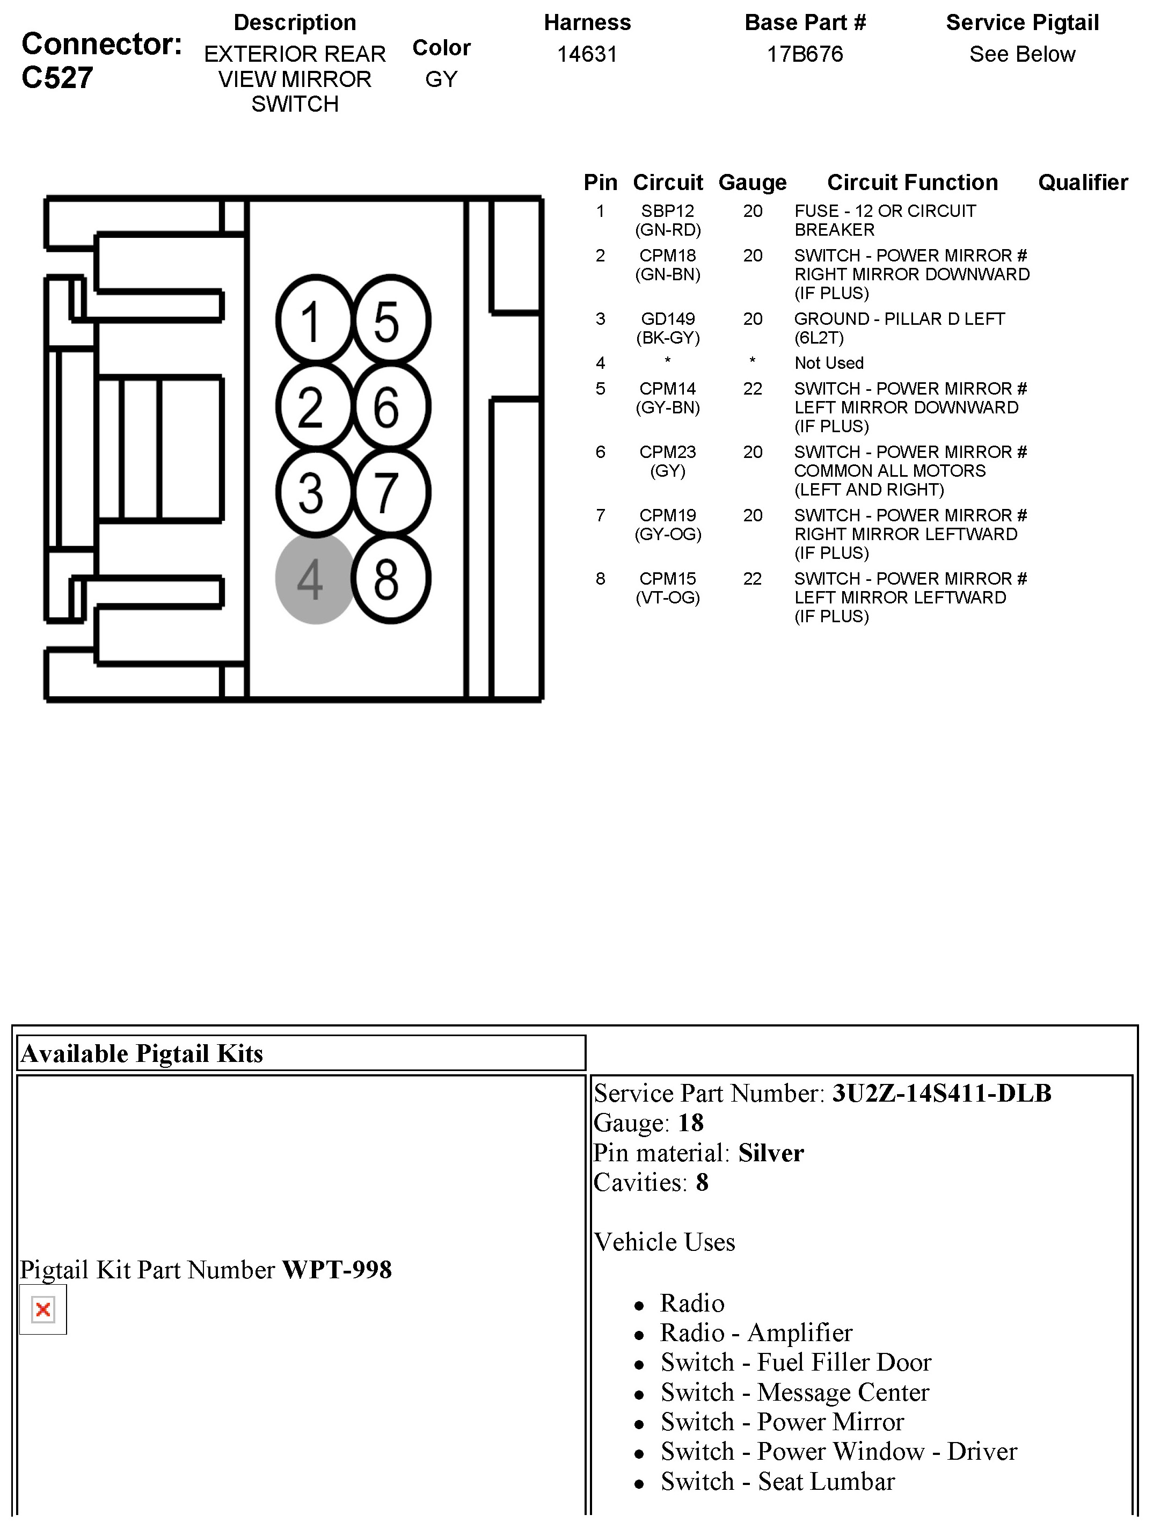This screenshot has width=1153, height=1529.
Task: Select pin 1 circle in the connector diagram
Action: click(315, 320)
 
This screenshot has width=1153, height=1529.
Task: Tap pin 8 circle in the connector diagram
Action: click(391, 579)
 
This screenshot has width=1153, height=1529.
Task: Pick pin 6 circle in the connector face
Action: click(391, 406)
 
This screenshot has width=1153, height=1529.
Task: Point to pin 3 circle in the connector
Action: click(315, 493)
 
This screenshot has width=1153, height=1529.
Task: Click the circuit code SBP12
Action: click(667, 211)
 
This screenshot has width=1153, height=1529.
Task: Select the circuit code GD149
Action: click(667, 319)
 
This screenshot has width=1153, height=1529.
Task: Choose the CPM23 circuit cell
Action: click(667, 452)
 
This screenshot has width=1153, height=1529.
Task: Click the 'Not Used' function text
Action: click(829, 363)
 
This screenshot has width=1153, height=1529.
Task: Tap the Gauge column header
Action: click(752, 183)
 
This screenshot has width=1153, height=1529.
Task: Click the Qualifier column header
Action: click(1083, 183)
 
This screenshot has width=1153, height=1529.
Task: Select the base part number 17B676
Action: click(805, 54)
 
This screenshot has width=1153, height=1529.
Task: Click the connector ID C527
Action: click(57, 77)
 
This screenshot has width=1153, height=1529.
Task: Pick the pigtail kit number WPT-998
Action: click(337, 1270)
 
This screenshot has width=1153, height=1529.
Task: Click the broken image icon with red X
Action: click(43, 1309)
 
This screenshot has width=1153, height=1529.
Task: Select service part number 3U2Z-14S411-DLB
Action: click(941, 1093)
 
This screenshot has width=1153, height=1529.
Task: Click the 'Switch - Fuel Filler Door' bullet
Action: click(796, 1361)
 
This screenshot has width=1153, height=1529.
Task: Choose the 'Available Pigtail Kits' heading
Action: click(142, 1053)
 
